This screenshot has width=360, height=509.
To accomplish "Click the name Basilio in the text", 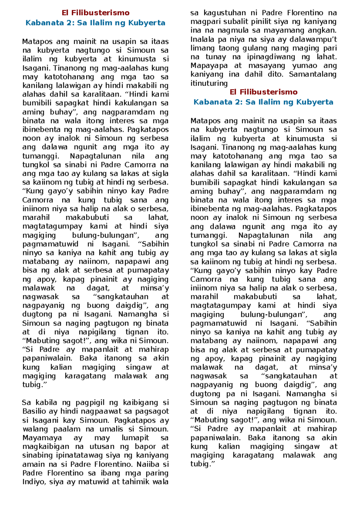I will click(x=33, y=411).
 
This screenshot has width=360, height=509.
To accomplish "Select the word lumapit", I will click(x=135, y=438).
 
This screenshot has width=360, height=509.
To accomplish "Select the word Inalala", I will click(x=202, y=39).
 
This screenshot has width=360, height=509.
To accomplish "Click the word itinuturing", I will click(x=209, y=83).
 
